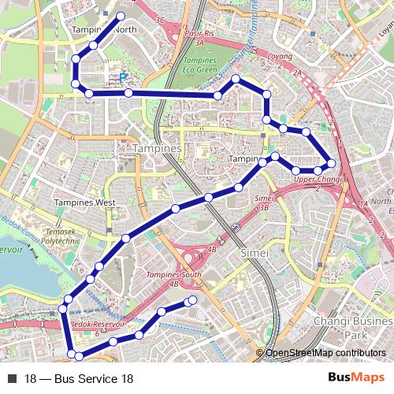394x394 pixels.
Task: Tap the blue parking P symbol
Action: [123, 77]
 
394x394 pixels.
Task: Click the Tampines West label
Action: [84, 203]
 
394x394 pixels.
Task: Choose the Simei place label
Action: [255, 253]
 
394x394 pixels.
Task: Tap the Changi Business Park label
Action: [351, 328]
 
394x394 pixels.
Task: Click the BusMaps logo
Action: [356, 379]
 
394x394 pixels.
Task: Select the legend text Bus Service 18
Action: [79, 379]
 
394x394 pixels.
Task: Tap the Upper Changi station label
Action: [317, 180]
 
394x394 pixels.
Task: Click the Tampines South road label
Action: [174, 275]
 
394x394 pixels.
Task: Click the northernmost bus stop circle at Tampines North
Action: [121, 16]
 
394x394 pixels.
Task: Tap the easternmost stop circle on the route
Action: [331, 163]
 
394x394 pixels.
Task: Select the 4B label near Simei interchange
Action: [211, 249]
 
